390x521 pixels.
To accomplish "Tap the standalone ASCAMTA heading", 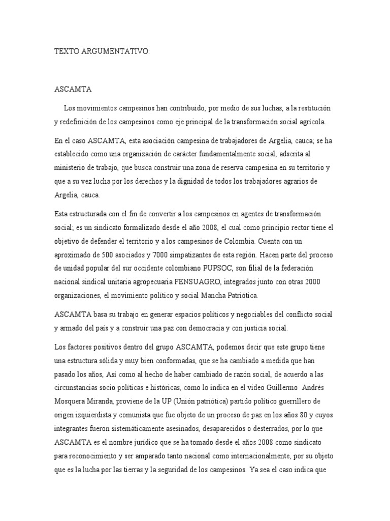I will (73, 90).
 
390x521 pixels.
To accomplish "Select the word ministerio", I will (71, 167).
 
